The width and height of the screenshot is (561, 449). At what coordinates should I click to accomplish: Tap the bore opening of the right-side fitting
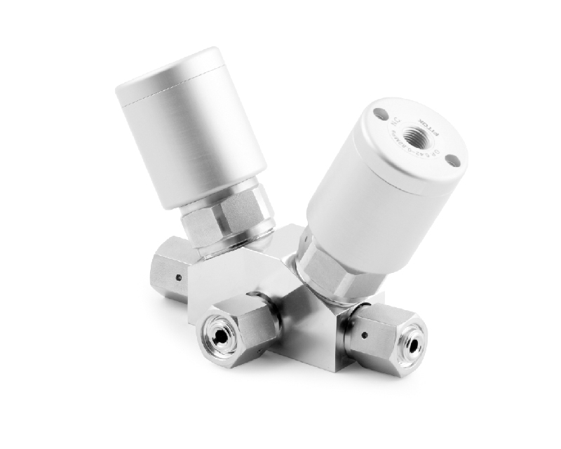pyautogui.click(x=412, y=344)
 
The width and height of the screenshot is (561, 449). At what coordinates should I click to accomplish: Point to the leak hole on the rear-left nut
pyautogui.click(x=179, y=277)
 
